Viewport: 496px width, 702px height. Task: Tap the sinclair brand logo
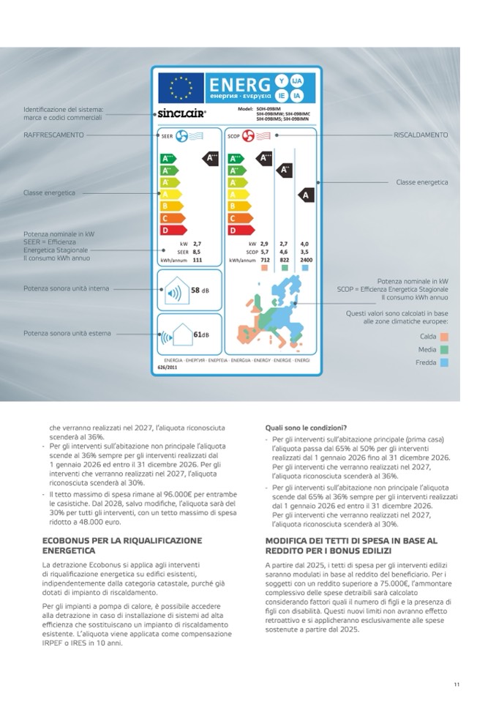[x=182, y=114]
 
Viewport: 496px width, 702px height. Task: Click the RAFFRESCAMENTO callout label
[x=53, y=135]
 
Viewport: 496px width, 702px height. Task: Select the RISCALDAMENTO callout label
[x=421, y=135]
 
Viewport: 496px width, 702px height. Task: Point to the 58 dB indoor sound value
[x=200, y=291]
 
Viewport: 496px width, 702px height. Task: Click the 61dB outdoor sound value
[x=201, y=335]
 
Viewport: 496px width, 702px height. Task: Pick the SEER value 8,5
[x=197, y=251]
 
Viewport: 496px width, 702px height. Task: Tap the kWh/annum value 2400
[x=306, y=259]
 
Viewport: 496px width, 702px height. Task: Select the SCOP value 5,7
[x=265, y=251]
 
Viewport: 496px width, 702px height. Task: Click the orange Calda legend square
[x=444, y=337]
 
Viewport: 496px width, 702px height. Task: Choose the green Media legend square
[x=444, y=349]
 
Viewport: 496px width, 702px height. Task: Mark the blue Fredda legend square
[x=444, y=362]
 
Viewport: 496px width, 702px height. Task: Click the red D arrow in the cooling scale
[x=167, y=230]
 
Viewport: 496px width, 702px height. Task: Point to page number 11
[x=456, y=684]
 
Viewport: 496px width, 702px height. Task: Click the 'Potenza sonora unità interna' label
[x=66, y=288]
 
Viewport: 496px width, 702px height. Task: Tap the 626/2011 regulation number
[x=168, y=368]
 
